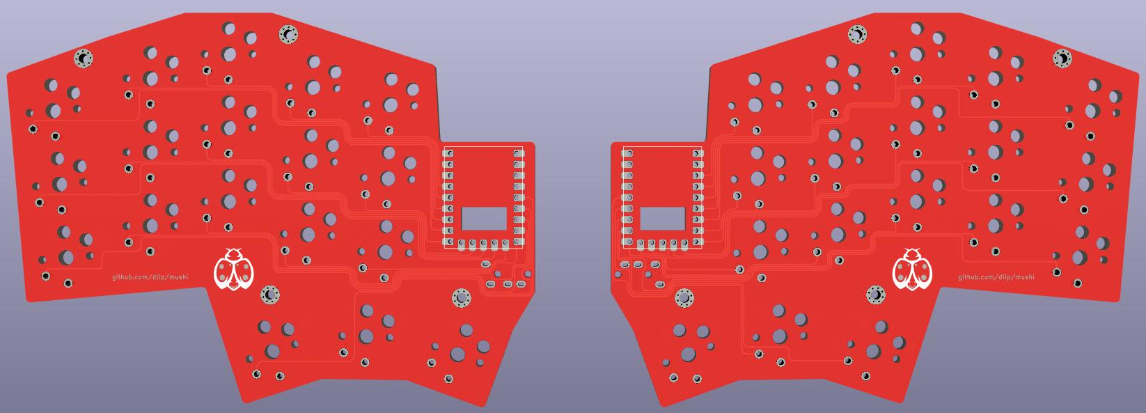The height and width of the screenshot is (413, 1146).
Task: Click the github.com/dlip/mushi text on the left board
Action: (150, 277)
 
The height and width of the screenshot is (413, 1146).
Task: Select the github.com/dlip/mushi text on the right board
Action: (996, 277)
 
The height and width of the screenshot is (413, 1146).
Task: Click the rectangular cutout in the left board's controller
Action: (484, 219)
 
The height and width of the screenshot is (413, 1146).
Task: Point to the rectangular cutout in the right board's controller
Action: (663, 219)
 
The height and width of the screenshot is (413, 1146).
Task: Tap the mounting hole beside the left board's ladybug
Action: (270, 295)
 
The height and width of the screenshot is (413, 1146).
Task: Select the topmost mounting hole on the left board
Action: (288, 34)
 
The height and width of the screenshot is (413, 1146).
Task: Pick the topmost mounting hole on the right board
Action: (858, 34)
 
